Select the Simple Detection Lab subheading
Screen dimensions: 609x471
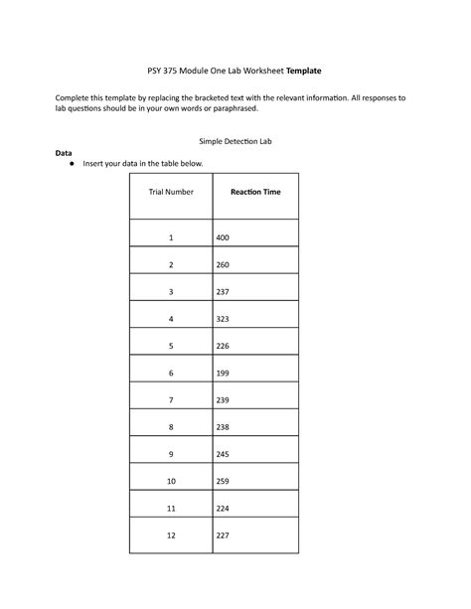tap(235, 142)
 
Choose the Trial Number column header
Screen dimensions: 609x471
tap(170, 191)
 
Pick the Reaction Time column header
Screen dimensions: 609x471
tap(255, 191)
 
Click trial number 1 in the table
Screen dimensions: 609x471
tap(170, 238)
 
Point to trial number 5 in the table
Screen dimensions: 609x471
tap(170, 346)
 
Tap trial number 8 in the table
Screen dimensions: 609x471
tap(170, 427)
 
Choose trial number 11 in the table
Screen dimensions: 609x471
tap(170, 508)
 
